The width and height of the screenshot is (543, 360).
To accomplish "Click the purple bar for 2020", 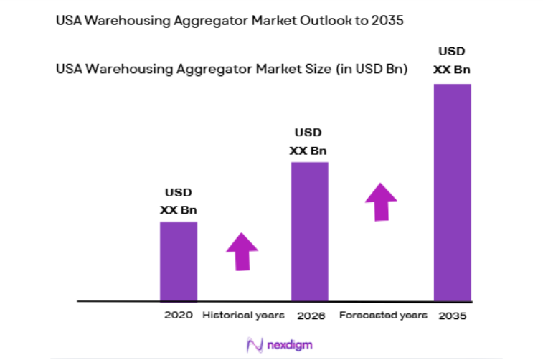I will tap(178, 261).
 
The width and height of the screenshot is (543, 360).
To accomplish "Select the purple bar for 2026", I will tap(309, 231).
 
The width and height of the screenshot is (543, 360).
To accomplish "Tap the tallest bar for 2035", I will tap(452, 192).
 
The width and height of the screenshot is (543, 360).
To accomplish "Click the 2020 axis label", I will tap(178, 315).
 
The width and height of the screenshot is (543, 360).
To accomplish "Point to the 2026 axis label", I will tap(310, 315).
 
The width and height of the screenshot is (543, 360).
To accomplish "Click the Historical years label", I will tap(243, 315).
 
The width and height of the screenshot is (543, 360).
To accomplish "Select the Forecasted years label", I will tap(383, 315).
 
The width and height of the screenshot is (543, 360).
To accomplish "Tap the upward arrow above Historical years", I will tap(242, 251).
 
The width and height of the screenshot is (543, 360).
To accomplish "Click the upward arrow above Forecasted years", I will tap(380, 202).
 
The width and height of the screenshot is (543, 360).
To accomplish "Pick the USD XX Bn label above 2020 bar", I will tap(178, 202).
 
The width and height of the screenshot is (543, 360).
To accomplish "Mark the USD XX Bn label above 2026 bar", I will tap(308, 141).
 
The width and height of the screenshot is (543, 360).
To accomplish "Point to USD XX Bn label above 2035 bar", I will tap(452, 60).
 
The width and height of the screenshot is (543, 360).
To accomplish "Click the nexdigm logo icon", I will tap(254, 345).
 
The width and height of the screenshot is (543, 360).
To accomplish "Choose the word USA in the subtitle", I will tap(68, 70).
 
